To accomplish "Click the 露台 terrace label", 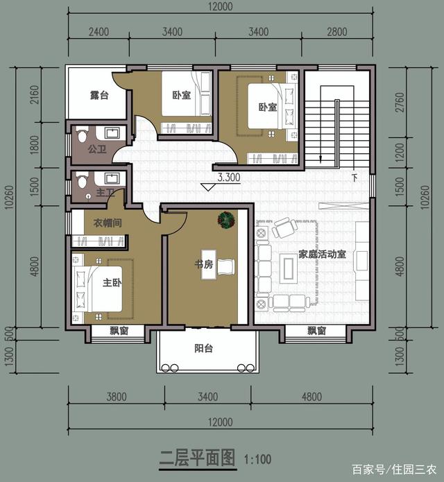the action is [99, 95].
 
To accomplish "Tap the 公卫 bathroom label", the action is [97, 149].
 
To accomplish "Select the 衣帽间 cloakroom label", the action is [108, 223].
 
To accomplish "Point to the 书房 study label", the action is [204, 264].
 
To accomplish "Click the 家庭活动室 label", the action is [322, 255].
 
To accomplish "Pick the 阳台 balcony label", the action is [203, 348].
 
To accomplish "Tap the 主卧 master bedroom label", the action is [112, 282].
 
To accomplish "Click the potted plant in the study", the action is [226, 219].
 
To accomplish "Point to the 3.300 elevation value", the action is [229, 177].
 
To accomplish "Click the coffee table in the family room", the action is [288, 268].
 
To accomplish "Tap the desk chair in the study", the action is [226, 266].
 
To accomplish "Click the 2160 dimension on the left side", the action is [35, 94].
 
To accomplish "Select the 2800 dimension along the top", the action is [337, 32].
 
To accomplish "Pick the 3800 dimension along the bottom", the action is [117, 397].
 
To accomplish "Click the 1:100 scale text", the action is [257, 460].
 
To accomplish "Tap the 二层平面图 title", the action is [198, 458].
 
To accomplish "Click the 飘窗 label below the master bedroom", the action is [119, 331].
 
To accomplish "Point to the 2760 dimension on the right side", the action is [399, 103].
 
